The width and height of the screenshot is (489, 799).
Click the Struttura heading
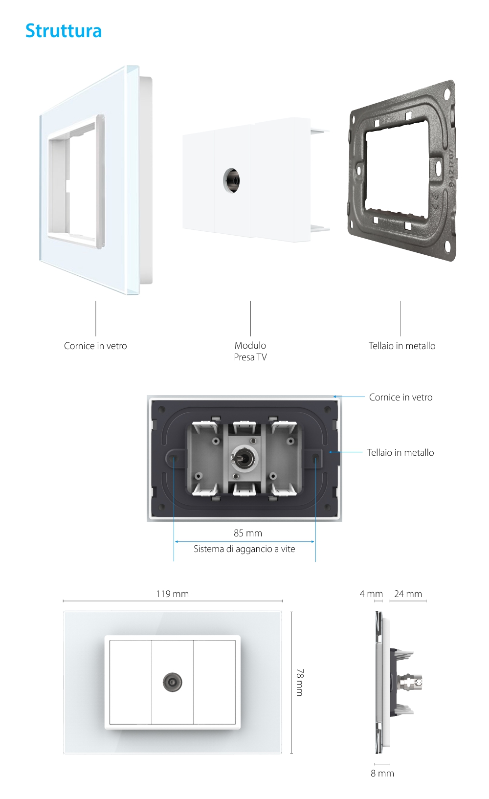[x=64, y=31]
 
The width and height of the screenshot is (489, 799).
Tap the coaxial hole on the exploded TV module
[x=232, y=180]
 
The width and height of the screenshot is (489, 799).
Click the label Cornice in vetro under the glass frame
[x=95, y=346]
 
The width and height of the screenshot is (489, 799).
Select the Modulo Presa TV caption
[x=250, y=352]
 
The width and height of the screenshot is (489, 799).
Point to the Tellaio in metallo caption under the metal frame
[x=402, y=346]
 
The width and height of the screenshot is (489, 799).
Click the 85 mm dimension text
[x=248, y=533]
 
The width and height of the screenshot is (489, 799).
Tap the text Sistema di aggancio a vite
[x=244, y=549]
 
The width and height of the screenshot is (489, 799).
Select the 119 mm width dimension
[x=172, y=594]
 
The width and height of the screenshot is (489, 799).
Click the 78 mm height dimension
[x=299, y=682]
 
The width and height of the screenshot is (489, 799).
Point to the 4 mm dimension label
[x=371, y=594]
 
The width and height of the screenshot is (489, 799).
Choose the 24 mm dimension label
[x=408, y=594]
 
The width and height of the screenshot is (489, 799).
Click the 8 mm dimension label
[x=382, y=774]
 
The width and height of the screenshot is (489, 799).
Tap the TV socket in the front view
[x=172, y=682]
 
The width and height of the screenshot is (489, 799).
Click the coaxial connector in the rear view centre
[x=243, y=459]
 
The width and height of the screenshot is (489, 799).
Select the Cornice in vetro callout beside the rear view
[x=400, y=398]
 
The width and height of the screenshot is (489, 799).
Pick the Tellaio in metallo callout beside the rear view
[x=400, y=453]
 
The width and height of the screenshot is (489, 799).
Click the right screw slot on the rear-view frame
[x=316, y=458]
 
